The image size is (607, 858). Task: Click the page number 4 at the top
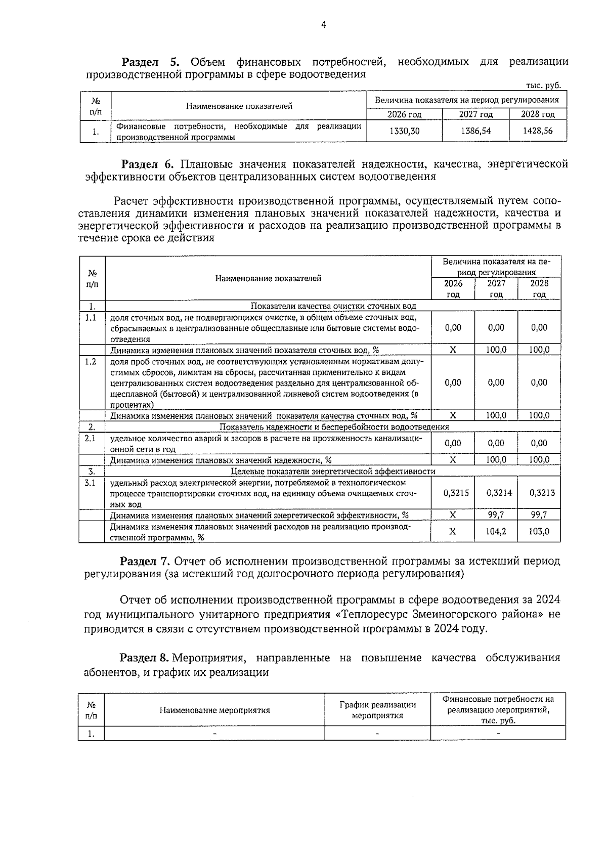(323, 25)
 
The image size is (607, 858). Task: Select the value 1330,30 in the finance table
(404, 131)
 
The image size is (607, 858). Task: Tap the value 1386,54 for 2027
(475, 131)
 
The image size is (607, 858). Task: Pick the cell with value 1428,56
(538, 131)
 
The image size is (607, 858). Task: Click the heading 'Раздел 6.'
(148, 164)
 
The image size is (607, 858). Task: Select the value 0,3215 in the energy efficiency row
(453, 492)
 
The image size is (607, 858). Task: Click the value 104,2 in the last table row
(496, 532)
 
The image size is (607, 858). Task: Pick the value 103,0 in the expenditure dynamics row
(539, 532)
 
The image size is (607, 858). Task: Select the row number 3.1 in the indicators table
(91, 483)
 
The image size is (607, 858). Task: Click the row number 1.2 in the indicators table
(91, 362)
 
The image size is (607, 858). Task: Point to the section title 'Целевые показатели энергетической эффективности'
(333, 471)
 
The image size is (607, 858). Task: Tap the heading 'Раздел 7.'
(146, 561)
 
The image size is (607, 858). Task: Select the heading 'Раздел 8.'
(144, 658)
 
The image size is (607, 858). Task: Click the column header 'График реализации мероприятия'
(377, 710)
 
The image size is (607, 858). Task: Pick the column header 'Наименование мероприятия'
(214, 710)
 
